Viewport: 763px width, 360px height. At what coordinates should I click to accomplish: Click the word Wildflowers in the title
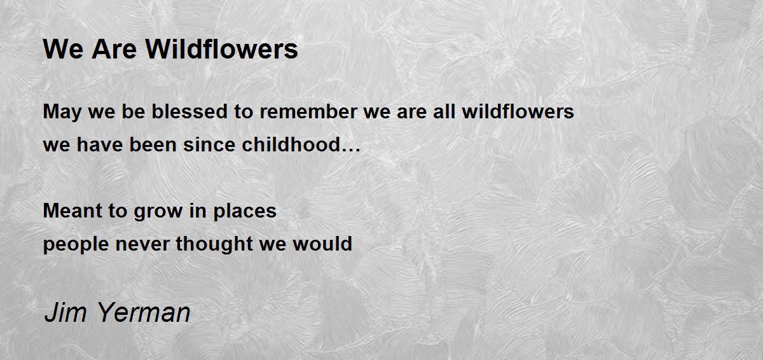pos(222,49)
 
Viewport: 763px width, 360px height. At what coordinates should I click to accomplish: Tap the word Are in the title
pos(114,50)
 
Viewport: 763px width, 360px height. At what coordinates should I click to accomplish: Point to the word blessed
pos(189,111)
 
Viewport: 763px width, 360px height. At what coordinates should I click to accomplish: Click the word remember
pos(308,112)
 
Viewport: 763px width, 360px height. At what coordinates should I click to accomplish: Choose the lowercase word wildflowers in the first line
pos(518,111)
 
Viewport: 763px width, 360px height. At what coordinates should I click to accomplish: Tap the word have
pos(100,144)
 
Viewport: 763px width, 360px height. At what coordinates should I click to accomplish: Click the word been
pos(153,144)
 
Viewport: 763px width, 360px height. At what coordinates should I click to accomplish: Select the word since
pos(209,144)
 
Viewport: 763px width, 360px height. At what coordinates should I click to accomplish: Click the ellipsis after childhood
pos(350,149)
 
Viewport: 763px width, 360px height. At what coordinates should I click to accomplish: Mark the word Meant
pos(72,211)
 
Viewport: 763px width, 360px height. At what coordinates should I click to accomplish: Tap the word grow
pos(158,212)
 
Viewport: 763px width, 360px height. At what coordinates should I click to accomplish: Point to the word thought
pos(214,244)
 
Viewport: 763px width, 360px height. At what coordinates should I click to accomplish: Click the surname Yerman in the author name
pos(144,312)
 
